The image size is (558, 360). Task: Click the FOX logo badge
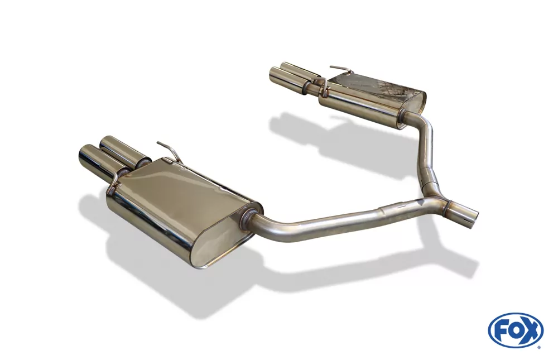515,330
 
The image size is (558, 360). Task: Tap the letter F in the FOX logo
501,330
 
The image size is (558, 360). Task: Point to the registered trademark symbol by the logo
539,347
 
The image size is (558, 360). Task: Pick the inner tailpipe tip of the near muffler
111,143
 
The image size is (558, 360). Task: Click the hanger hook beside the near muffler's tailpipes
115,177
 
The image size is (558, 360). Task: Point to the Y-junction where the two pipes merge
441,200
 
